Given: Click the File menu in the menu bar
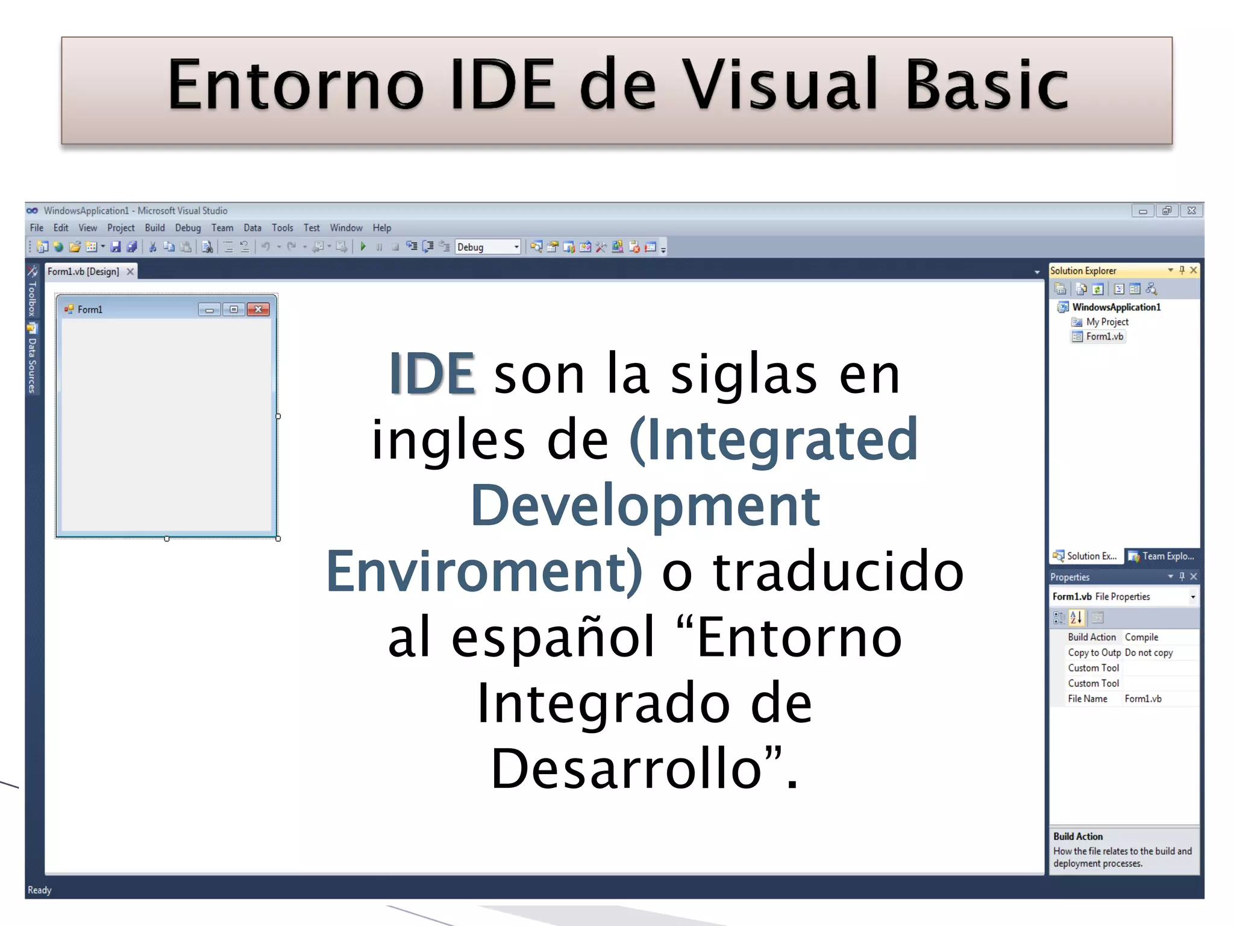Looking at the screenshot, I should coord(37,228).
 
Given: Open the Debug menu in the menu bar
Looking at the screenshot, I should coord(187,228).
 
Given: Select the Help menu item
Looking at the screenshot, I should coord(381,228).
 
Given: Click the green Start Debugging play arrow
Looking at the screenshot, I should coord(363,247).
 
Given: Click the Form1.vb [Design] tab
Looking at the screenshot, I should coord(84,272).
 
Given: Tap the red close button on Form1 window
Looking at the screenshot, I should coord(258,309).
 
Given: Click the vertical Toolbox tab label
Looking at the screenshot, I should coord(32,298).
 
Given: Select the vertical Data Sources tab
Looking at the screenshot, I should coord(32,365).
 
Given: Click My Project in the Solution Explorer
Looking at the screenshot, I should coord(1107,322).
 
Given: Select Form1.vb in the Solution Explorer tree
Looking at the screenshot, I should coord(1104,336).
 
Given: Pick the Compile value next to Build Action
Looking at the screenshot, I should coord(1141,637).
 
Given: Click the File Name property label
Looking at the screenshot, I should coord(1088,699).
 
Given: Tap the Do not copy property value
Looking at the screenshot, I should coord(1148,653).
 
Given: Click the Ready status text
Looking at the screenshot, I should coord(40,890).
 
